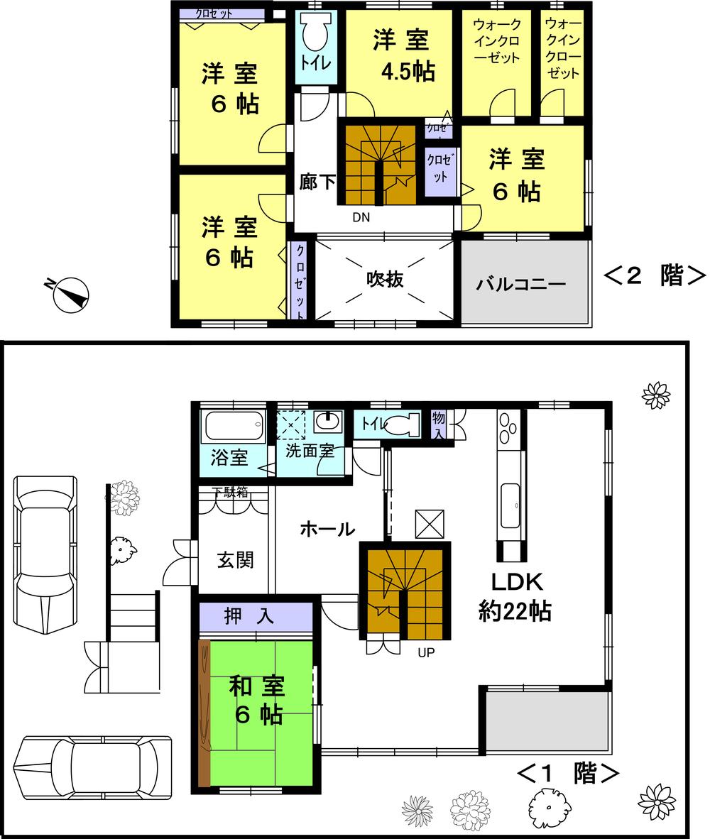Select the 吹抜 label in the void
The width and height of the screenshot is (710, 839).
tap(385, 279)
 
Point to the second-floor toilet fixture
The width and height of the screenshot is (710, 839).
tap(314, 32)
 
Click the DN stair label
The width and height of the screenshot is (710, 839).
tap(361, 218)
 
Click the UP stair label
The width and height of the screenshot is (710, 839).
tap(426, 652)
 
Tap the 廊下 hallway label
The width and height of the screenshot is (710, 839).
tap(317, 182)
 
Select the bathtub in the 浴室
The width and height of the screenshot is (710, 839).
tap(234, 428)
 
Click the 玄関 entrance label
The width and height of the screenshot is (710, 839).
tap(235, 560)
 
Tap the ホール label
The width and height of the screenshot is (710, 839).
tap(327, 529)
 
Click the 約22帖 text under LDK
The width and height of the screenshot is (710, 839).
tap(515, 611)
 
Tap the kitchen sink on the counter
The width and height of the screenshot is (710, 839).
tap(510, 504)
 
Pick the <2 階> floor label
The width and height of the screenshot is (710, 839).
tap(654, 276)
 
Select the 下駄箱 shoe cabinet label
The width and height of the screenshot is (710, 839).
tap(231, 493)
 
